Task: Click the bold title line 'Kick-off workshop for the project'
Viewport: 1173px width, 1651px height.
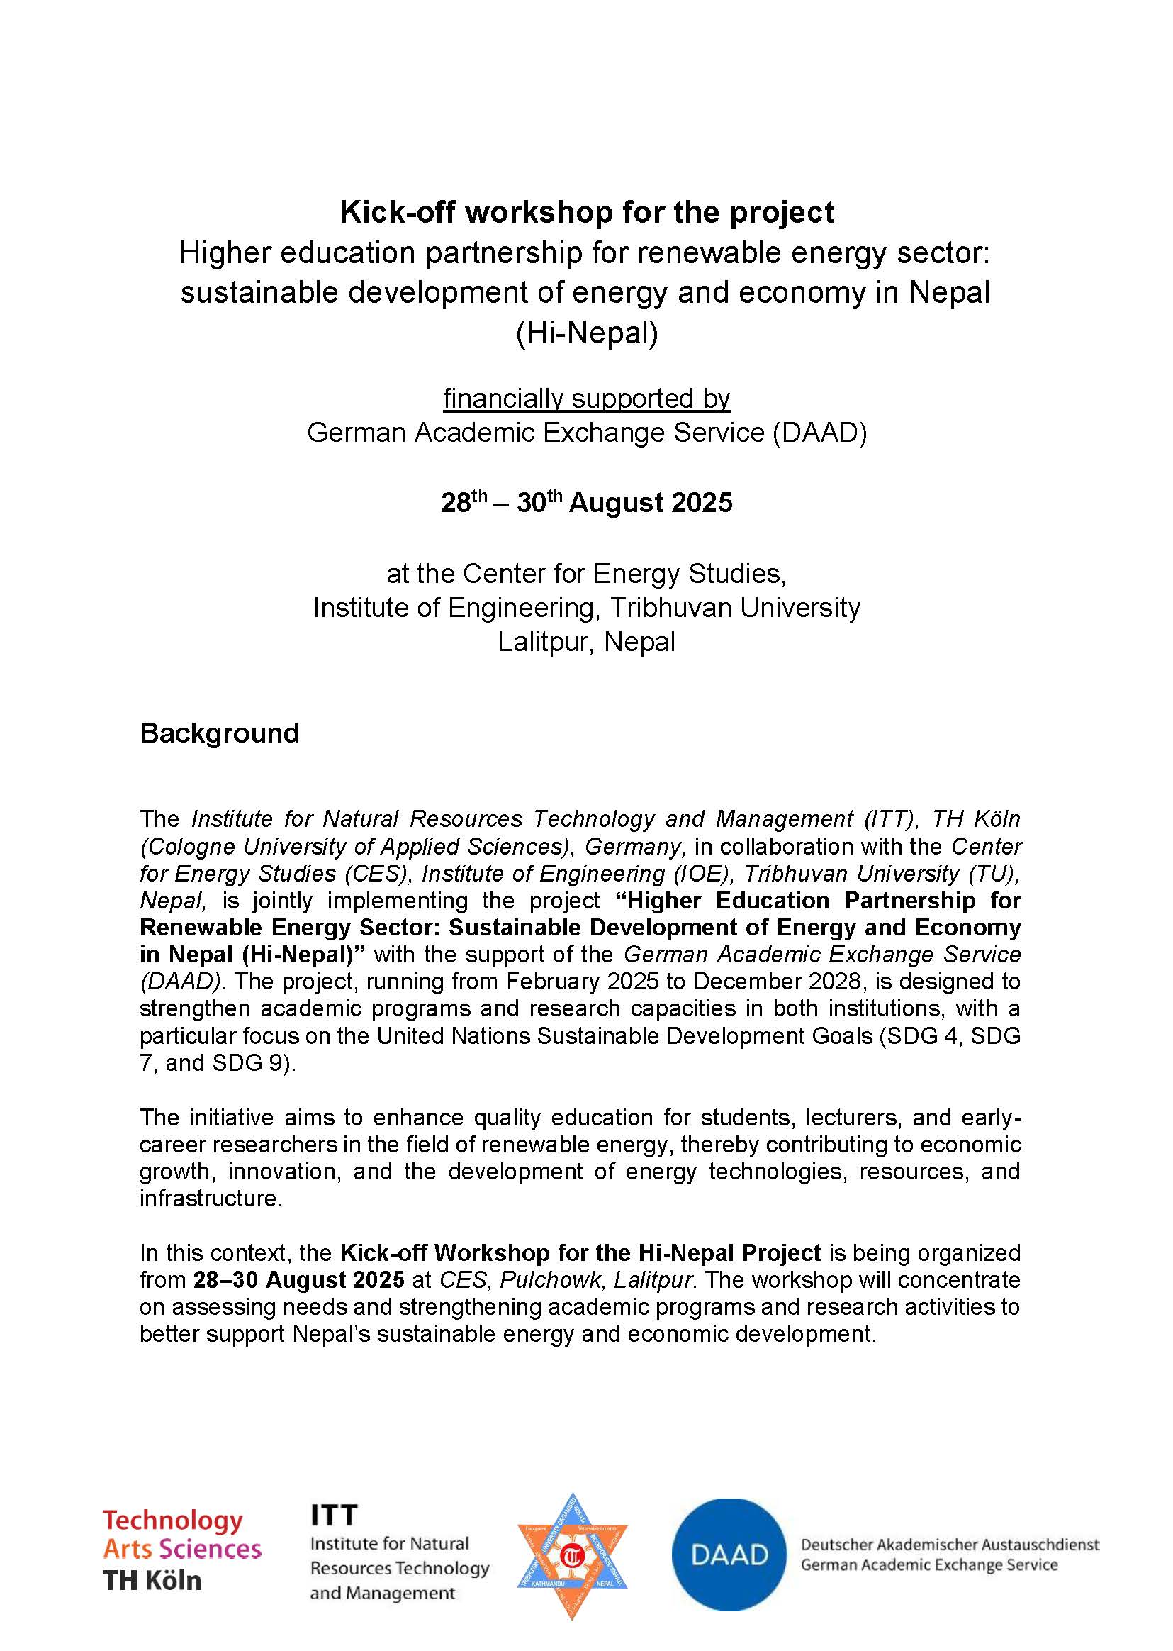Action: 587,213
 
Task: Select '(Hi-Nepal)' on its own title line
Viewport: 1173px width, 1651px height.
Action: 587,333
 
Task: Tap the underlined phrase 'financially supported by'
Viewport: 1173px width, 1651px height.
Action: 587,398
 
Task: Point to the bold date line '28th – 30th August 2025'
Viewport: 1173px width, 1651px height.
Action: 587,503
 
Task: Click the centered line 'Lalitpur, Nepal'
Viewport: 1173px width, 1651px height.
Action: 587,642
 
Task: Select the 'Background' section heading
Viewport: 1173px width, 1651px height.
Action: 220,733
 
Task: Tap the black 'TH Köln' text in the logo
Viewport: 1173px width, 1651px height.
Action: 152,1580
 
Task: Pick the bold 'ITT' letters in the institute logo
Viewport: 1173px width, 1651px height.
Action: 334,1514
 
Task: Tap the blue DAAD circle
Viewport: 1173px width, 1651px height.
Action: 729,1554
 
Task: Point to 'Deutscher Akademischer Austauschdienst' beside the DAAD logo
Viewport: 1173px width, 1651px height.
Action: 950,1544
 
